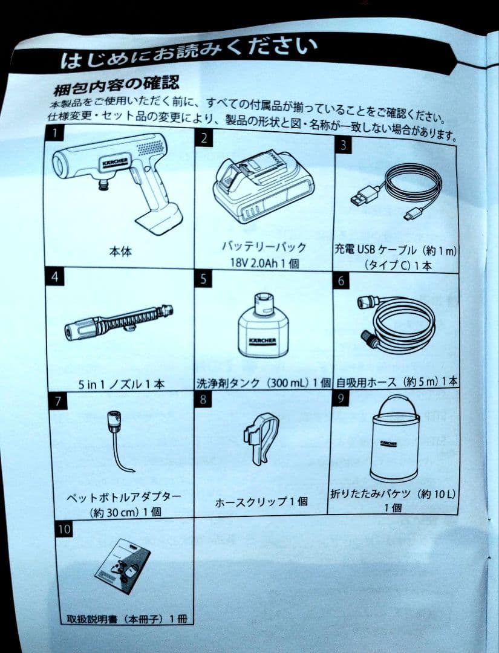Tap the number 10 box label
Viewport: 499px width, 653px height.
64,529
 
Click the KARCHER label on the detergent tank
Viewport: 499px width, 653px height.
262,342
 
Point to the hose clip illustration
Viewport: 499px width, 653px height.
261,437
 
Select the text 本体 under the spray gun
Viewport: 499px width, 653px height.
120,252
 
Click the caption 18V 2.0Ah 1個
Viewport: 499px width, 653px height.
264,263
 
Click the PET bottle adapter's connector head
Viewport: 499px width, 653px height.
113,418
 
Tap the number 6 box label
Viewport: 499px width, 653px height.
341,281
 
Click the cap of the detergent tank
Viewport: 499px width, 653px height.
263,304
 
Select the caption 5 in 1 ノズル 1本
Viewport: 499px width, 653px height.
121,383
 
